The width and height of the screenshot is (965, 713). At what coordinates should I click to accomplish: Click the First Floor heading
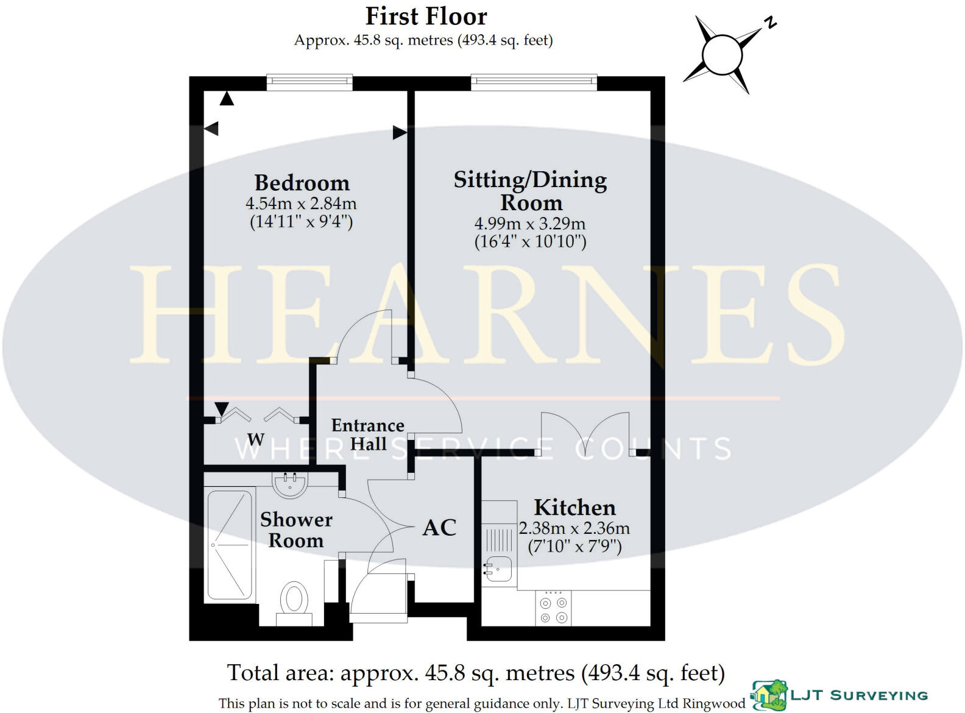(x=426, y=16)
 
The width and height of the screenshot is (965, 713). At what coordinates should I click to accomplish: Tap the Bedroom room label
(x=302, y=183)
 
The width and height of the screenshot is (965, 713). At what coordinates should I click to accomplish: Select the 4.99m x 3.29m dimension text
(x=529, y=223)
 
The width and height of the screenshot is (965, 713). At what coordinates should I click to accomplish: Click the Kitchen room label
(x=574, y=507)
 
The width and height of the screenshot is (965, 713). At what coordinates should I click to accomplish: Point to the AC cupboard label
(x=439, y=528)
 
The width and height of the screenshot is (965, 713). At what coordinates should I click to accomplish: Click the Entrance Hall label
(x=367, y=434)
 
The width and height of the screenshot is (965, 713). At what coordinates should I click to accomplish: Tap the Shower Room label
(x=296, y=530)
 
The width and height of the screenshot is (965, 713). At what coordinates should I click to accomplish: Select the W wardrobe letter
(x=256, y=439)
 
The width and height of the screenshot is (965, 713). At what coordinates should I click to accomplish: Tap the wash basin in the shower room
(x=290, y=484)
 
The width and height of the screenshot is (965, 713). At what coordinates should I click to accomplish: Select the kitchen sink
(x=498, y=569)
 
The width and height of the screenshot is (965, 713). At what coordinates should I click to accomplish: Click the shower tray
(x=230, y=545)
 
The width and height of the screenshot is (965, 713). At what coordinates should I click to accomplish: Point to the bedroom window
(x=309, y=82)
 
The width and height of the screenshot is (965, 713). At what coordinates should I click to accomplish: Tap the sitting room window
(x=534, y=82)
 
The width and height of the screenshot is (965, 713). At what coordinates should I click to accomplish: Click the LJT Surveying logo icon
(x=769, y=695)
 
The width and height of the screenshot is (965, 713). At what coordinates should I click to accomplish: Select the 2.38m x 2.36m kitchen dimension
(x=574, y=528)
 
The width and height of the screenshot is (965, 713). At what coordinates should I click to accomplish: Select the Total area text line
(x=476, y=673)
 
